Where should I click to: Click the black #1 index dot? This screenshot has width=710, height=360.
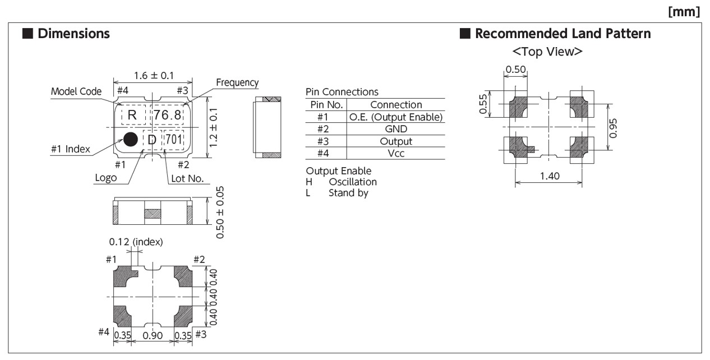[131, 139]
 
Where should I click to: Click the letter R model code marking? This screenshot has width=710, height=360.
[133, 115]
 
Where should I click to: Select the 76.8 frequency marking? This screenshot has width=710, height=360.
[168, 115]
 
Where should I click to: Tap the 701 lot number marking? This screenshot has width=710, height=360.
[173, 140]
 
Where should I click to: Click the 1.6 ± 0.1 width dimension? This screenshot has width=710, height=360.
[153, 75]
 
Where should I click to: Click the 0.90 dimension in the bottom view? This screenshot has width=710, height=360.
[153, 335]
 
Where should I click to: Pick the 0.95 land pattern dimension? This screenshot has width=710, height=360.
[614, 127]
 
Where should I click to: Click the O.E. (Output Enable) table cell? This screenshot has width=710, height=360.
[396, 117]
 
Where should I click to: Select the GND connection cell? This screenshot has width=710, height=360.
[396, 129]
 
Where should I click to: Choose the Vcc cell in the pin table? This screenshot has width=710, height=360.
[396, 153]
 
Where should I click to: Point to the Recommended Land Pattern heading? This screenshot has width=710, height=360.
[563, 34]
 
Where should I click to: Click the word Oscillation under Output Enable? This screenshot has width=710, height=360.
[353, 182]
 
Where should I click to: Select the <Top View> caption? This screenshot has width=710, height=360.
[548, 52]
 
